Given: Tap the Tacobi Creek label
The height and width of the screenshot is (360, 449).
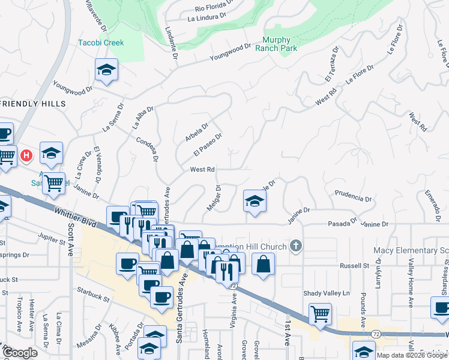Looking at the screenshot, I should click(x=101, y=43).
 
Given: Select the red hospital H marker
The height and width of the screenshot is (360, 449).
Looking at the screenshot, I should click(x=26, y=155).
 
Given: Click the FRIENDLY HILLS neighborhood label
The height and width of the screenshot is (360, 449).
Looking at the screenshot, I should click(x=32, y=104).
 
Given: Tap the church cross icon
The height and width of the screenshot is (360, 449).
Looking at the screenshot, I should click(x=295, y=245).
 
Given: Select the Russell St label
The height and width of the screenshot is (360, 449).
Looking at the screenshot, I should click(x=354, y=265).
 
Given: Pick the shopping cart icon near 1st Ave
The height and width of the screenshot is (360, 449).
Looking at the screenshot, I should click(x=321, y=313).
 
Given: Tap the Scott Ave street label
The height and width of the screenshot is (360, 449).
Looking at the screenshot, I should click(x=70, y=240).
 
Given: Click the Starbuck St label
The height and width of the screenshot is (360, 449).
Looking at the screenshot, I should click(x=94, y=294).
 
